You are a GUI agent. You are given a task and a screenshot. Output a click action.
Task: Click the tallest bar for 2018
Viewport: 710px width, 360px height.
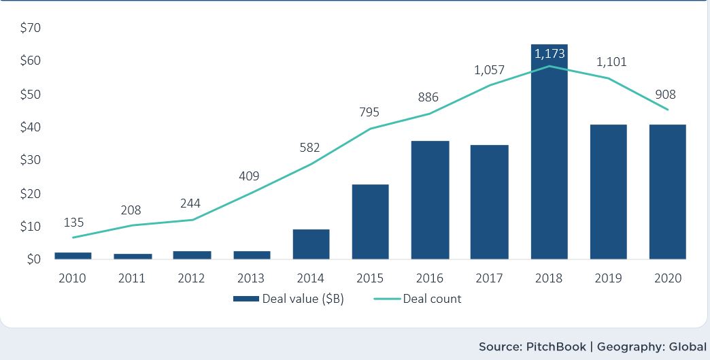click(x=549, y=157)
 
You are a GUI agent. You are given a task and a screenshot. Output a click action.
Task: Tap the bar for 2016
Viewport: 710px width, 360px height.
click(x=430, y=200)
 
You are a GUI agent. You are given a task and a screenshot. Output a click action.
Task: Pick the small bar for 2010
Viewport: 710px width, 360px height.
click(x=73, y=255)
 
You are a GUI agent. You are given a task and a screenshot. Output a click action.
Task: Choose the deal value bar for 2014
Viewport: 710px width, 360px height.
click(x=311, y=244)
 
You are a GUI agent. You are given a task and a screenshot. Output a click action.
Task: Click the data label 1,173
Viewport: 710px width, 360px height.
click(x=549, y=53)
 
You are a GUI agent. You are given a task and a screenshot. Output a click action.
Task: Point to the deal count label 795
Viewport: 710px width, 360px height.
click(x=370, y=112)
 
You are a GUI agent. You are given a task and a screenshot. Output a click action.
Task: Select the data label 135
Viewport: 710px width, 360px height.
click(x=74, y=223)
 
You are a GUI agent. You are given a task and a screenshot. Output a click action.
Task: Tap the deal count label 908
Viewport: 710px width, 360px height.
click(x=665, y=95)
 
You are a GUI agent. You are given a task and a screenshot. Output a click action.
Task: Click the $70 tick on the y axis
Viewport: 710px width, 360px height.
click(x=31, y=28)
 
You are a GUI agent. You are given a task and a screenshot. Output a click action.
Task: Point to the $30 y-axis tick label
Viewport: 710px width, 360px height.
click(x=31, y=161)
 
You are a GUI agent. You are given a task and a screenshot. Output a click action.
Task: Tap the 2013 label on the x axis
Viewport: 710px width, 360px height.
click(x=252, y=278)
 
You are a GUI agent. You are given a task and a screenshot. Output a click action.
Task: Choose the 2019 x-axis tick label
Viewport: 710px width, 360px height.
click(x=608, y=278)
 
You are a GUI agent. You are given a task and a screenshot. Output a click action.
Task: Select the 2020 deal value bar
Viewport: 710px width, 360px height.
click(x=667, y=192)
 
